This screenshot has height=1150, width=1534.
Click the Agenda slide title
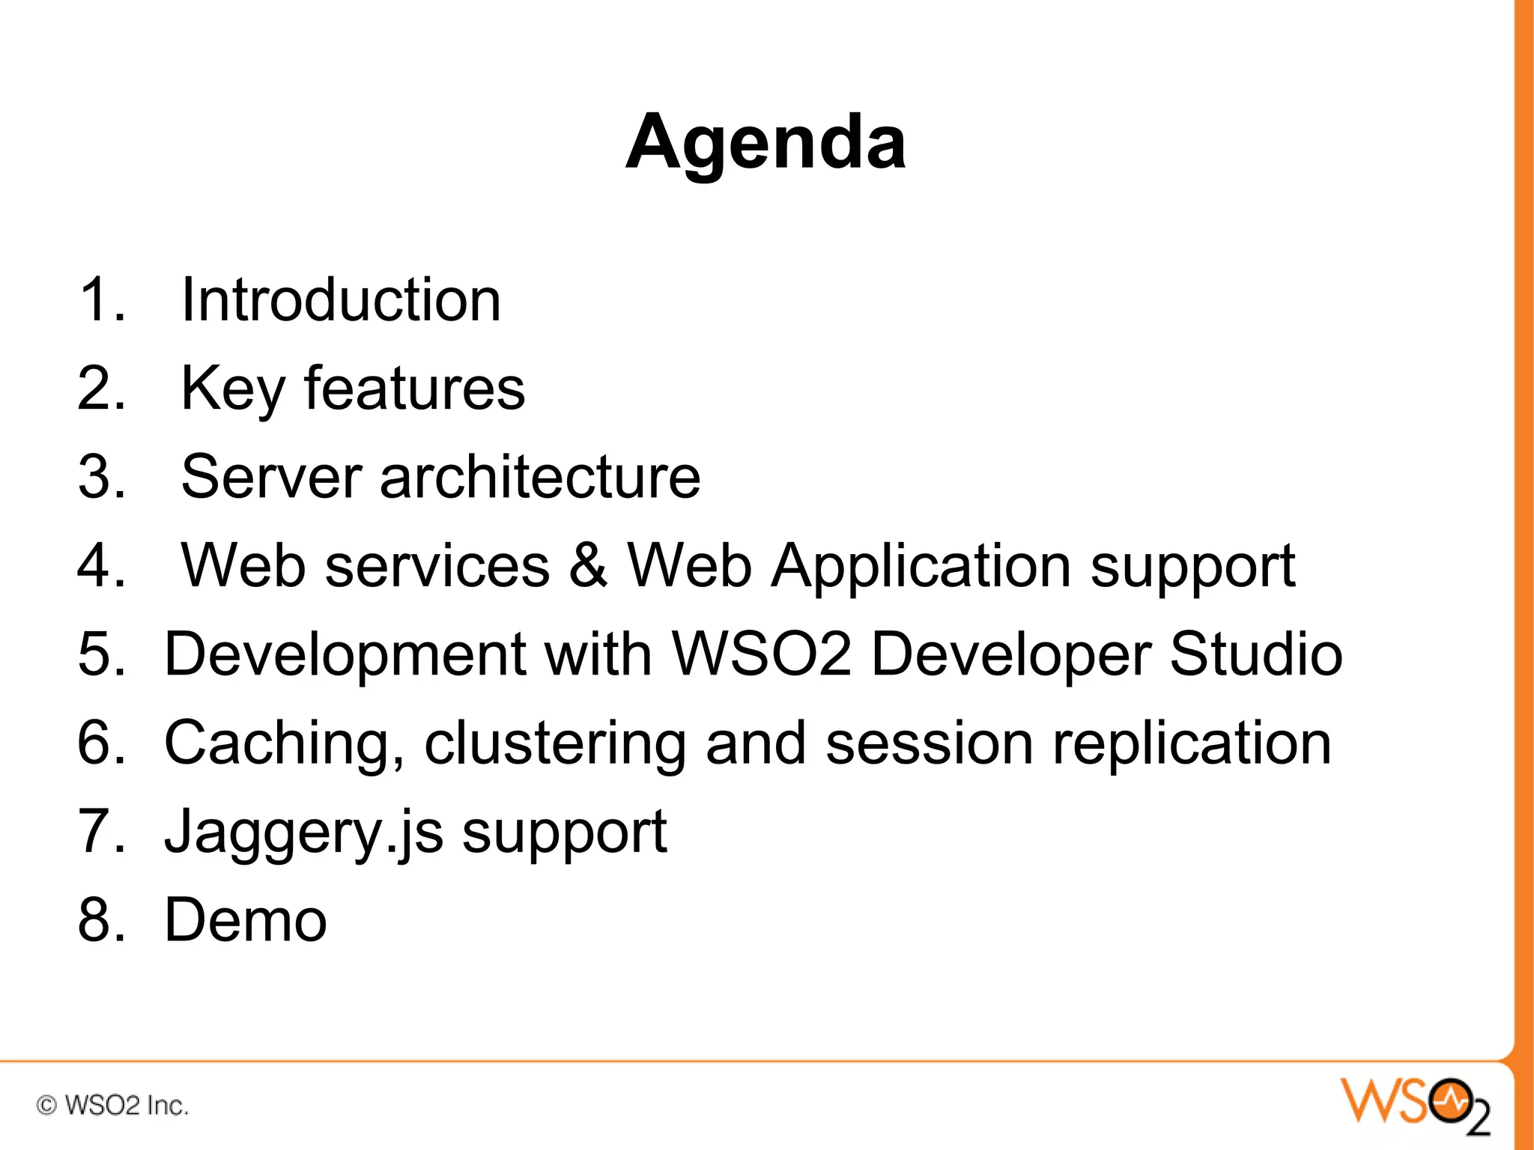[x=766, y=142]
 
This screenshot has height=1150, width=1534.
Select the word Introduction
[x=341, y=299]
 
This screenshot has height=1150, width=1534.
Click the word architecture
[x=540, y=477]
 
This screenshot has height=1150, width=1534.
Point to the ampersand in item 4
[x=588, y=565]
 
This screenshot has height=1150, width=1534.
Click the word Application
[x=921, y=567]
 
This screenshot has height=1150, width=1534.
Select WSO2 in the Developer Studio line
[x=762, y=654]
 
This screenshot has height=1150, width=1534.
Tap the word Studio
[x=1256, y=654]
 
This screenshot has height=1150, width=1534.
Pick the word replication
[x=1192, y=743]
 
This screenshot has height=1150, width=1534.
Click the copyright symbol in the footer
[x=46, y=1105]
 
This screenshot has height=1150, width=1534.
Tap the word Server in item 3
[x=272, y=477]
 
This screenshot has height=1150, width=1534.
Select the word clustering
[x=555, y=743]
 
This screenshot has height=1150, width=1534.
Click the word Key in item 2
[x=233, y=389]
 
